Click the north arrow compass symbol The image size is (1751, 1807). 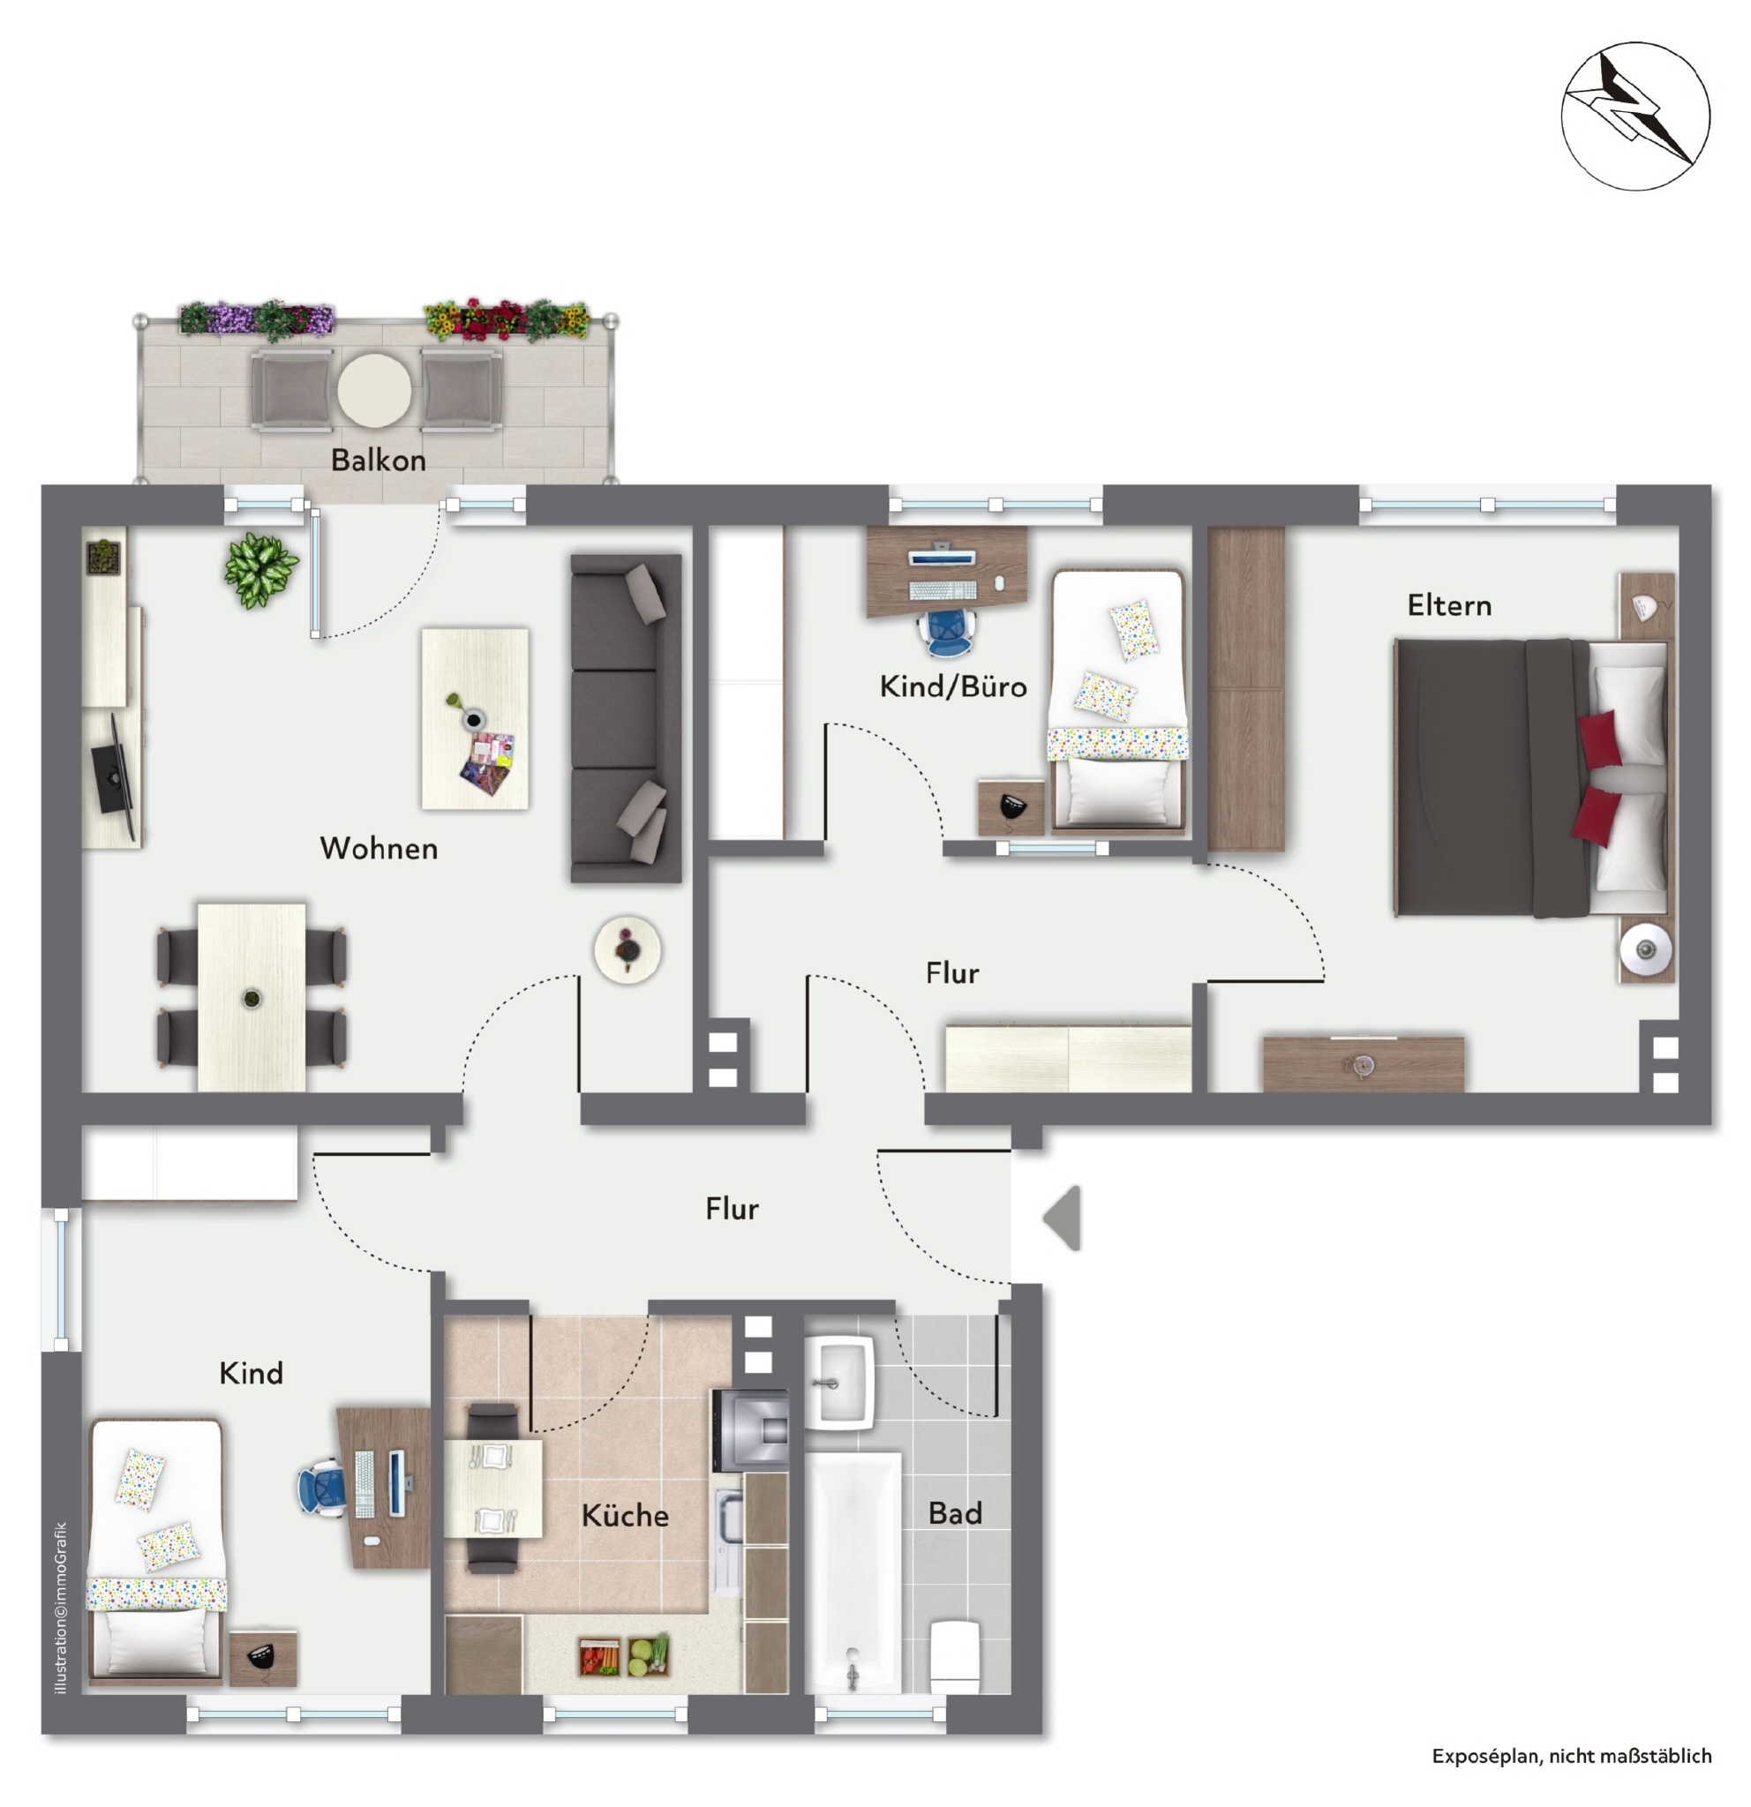[1635, 116]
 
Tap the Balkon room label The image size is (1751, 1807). [378, 460]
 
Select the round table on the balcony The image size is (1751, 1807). [373, 391]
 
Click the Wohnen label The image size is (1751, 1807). [378, 848]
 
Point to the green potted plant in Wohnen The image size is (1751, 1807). [261, 569]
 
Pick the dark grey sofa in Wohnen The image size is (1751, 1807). [626, 718]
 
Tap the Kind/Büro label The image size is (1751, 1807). [952, 686]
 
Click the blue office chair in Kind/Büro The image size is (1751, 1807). [946, 631]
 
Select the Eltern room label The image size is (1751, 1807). [1448, 605]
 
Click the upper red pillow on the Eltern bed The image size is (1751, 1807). [1601, 738]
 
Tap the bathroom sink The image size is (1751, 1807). [838, 1381]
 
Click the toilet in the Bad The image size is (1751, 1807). [954, 1658]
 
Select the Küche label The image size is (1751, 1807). [624, 1516]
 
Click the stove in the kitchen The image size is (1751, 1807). [750, 1430]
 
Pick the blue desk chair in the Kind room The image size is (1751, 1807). [322, 1487]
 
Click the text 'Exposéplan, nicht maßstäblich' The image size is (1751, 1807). [1571, 1757]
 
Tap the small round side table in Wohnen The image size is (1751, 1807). [627, 949]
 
